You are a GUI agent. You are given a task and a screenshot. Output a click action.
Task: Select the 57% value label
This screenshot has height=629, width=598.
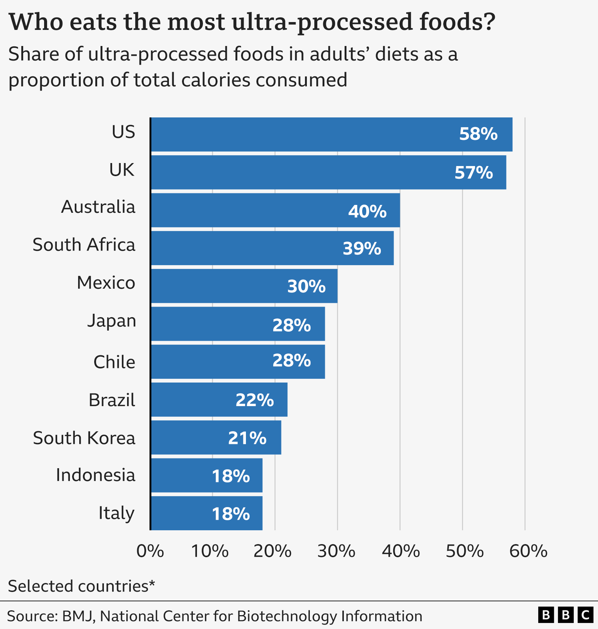pos(474,173)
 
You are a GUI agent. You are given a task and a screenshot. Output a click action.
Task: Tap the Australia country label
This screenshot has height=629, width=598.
pos(98,207)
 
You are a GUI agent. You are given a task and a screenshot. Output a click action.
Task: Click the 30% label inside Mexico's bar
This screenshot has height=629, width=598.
pos(306,286)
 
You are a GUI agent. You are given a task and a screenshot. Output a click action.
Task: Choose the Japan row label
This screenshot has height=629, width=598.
pos(111,321)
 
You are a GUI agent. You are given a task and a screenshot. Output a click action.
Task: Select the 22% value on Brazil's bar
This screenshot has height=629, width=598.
pos(255,400)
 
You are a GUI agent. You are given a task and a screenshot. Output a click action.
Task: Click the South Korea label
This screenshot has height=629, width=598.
pos(84,438)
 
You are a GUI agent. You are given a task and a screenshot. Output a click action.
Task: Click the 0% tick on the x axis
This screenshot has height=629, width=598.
pos(150,551)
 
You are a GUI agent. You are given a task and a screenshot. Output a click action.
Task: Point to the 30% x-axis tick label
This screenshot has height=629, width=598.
pos(336,551)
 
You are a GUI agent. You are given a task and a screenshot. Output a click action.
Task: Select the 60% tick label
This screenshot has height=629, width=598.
pos(528,551)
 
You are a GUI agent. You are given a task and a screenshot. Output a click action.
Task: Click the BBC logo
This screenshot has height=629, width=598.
pos(565,615)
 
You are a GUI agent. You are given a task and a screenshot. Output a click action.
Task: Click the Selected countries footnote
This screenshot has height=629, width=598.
pos(81,586)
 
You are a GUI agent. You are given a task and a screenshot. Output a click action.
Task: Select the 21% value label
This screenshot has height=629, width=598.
pos(247,438)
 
